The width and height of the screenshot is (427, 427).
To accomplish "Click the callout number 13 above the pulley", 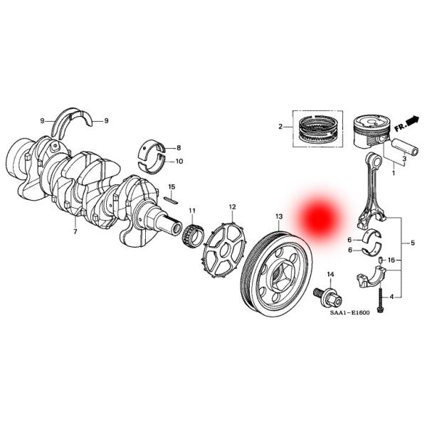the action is point(279,216).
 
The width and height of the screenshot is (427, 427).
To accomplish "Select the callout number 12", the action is point(232,207).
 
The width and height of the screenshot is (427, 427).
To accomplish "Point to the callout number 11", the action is point(192,211).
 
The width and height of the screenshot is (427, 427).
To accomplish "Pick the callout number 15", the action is point(172,186).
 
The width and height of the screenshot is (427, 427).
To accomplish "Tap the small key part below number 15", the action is point(171,201).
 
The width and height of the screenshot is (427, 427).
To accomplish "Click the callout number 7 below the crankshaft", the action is point(75,232).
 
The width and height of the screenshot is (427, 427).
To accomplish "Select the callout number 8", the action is point(179,148).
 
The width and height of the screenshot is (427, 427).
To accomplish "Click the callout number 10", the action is point(179,162).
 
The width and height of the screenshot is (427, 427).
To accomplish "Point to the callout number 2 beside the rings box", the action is point(280,127).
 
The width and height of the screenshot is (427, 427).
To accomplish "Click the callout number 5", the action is point(412,243).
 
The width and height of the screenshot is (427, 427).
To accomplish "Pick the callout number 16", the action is point(391,260).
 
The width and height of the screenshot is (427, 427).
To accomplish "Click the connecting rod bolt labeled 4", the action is point(379,300).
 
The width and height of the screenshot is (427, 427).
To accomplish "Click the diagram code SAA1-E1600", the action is point(350,312).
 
